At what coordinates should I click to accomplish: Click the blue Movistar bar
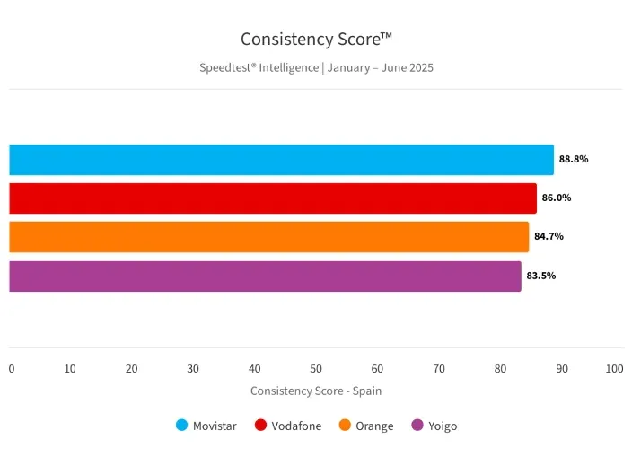pos(281,160)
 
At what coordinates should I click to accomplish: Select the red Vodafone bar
pos(273,198)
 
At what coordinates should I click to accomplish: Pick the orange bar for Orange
pos(269,237)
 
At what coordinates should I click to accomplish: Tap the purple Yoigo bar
pos(265,276)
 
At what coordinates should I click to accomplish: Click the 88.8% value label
pos(574,159)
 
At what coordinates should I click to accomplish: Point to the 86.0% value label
pos(557,197)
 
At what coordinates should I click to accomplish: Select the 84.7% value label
pos(549,236)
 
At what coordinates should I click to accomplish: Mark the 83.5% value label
pos(541,276)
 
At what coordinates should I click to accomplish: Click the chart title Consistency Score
pos(316,39)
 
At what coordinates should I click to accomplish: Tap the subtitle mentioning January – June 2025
pos(316,67)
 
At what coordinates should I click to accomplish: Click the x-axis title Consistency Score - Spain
pos(316,391)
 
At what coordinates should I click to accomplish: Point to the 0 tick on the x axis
pos(12,369)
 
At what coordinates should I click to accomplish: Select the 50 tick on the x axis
pos(316,369)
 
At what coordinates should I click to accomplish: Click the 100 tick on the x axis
pos(615,369)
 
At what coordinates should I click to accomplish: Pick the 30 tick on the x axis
pos(193,369)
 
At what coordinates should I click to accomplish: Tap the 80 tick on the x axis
pos(500,369)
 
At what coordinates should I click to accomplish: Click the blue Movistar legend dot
pos(182,426)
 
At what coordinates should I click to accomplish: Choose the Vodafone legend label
pos(296,426)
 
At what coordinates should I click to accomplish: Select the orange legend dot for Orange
pos(345,426)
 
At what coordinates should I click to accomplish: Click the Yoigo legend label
pos(443,426)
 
